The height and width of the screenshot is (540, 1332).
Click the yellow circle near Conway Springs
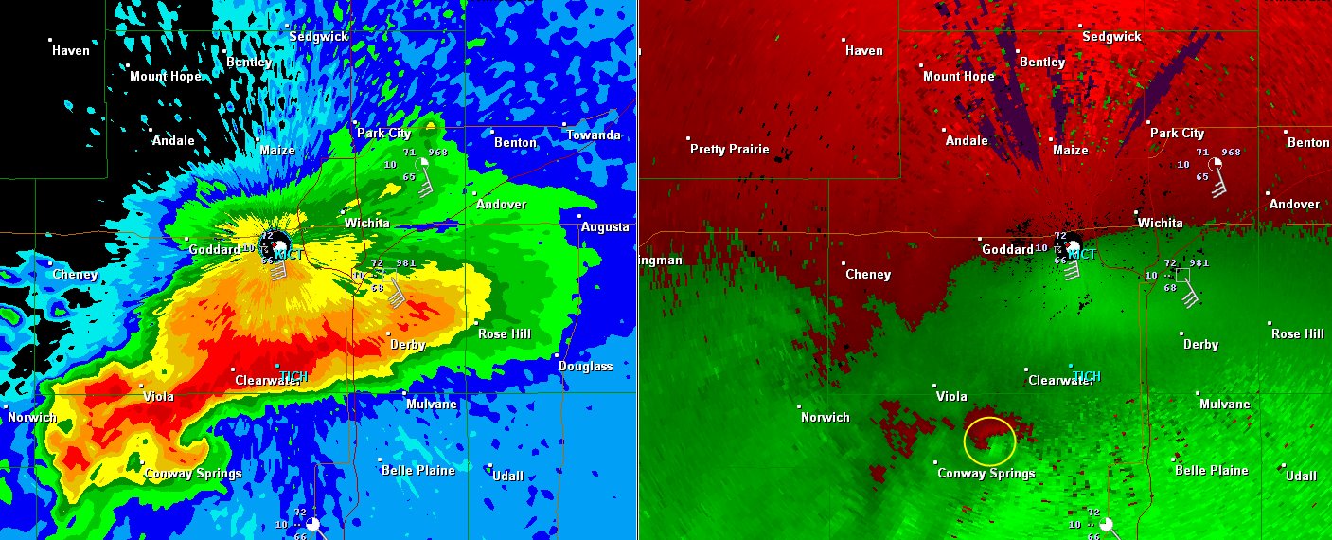click(x=989, y=441)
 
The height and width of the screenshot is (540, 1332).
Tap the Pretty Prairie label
click(x=729, y=150)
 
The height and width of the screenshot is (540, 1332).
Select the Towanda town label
click(x=593, y=135)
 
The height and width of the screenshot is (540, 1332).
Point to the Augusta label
click(x=605, y=227)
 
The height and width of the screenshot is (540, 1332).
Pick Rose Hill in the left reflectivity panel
click(x=505, y=334)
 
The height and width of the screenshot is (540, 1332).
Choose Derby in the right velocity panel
click(x=1200, y=345)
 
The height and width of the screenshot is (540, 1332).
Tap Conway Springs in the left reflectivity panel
click(x=193, y=474)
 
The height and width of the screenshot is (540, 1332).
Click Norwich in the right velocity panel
click(x=825, y=418)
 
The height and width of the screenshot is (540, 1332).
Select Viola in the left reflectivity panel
click(x=158, y=397)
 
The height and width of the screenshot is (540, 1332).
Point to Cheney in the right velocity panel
click(x=868, y=275)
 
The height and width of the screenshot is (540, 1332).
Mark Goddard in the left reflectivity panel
click(x=214, y=250)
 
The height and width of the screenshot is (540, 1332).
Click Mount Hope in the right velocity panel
click(x=958, y=77)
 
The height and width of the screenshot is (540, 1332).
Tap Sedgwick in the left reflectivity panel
click(x=319, y=37)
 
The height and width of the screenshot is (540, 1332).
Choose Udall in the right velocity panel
click(x=1301, y=476)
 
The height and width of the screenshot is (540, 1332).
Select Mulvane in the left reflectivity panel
click(x=432, y=405)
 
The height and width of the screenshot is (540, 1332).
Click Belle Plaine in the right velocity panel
click(x=1211, y=471)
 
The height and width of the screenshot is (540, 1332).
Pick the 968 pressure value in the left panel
click(x=437, y=152)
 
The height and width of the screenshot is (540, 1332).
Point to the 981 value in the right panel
click(x=1199, y=263)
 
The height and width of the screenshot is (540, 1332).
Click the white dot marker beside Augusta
click(x=579, y=216)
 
